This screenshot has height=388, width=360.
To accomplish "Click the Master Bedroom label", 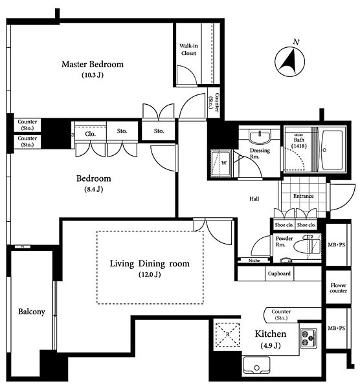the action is point(93,64).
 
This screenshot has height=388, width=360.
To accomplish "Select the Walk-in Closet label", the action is point(188,50).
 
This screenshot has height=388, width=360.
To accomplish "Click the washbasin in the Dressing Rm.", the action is point(260,137).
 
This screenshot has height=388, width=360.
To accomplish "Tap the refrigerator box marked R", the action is point(227,334).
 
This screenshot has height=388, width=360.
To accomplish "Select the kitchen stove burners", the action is point(308,338).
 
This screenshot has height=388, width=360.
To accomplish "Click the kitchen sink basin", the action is point(256,365).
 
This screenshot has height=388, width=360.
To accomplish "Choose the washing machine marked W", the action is point(221,163).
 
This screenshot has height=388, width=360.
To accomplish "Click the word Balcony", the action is point(32,312).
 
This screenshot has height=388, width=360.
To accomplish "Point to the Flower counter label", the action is point(338,288).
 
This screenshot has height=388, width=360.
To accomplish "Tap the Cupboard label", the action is point(279,274).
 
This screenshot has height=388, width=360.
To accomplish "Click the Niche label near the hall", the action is point(254,261).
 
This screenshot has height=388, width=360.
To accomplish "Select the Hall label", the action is point(254,199).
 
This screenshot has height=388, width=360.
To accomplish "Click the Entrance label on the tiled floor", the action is point(303,196).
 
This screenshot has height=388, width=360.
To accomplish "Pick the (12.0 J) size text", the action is point(150,274).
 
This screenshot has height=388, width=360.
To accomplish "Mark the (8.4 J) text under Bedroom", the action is point(93,189).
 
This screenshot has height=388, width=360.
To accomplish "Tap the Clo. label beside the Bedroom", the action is point(90,134).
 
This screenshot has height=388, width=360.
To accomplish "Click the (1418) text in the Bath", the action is point(299,146).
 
